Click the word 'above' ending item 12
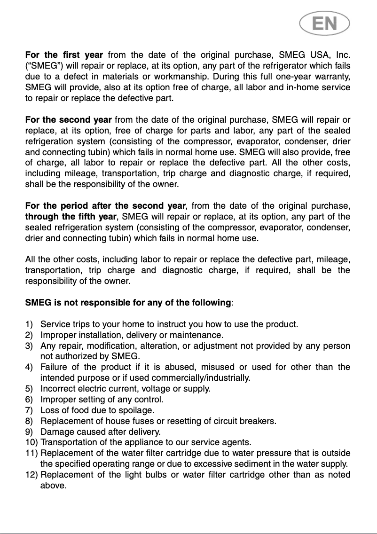53,486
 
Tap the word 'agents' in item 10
238,442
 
